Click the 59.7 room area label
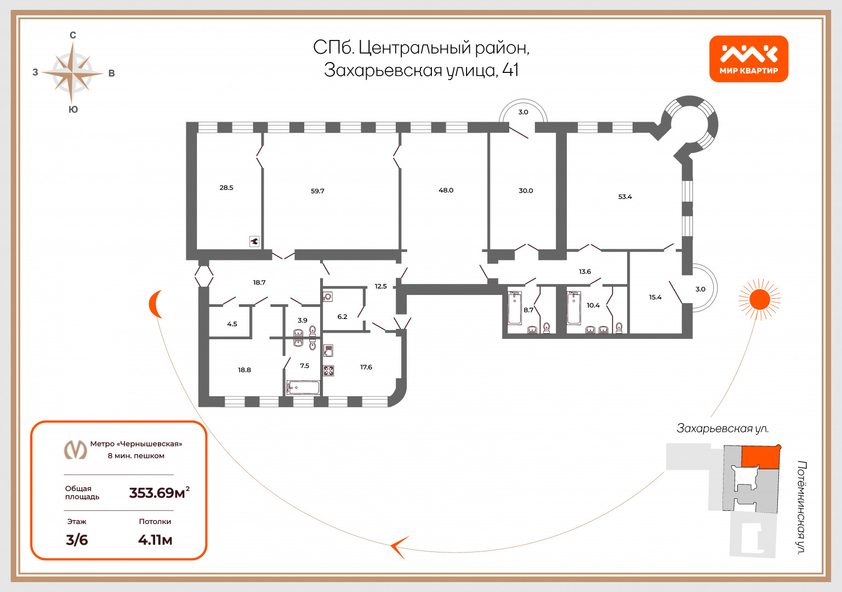coord(317,191)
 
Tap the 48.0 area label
coord(446,190)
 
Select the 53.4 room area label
coord(625,197)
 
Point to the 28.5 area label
coord(226,187)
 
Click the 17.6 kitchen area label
coord(366,367)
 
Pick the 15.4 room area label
coord(655,297)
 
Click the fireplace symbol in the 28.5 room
coord(254,241)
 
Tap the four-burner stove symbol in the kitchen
coord(328,371)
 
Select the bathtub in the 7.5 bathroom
coord(303,388)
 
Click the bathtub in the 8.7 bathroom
coord(515,308)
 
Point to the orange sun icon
coord(759,299)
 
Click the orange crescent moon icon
coord(155,304)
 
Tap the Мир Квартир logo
coord(749,59)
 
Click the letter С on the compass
coord(73,35)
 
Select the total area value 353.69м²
coord(160,492)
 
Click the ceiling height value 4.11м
coord(155,540)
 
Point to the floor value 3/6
coord(77,540)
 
